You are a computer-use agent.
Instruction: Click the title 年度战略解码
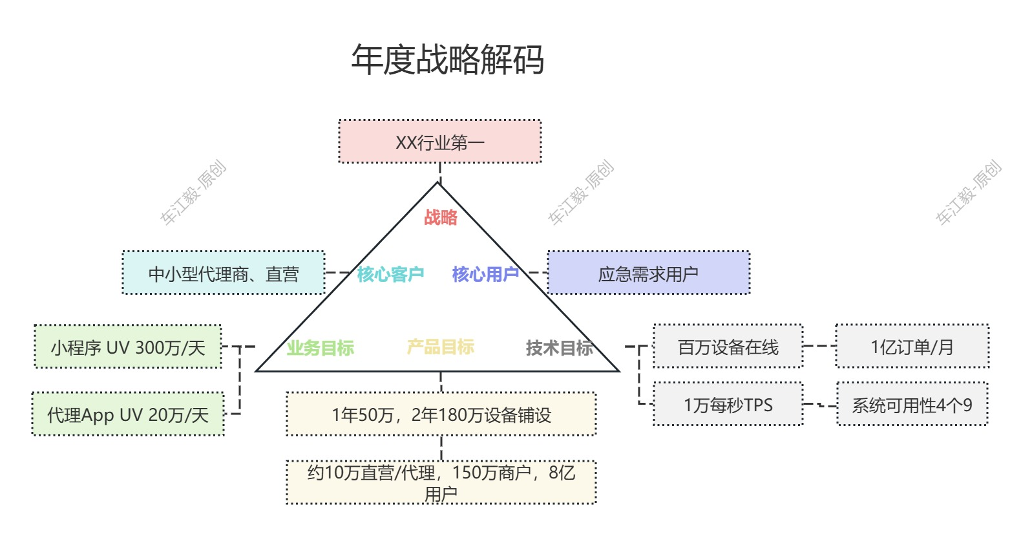coord(447,60)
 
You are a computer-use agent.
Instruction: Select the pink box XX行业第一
coord(440,142)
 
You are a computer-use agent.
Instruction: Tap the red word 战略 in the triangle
coord(441,217)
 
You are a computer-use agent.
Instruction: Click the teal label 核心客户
coord(390,274)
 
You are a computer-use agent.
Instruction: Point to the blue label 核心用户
coord(485,274)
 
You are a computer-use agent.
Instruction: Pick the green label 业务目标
coord(321,348)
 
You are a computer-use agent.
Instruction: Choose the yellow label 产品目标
coord(441,347)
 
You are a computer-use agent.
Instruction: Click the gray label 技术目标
coord(559,348)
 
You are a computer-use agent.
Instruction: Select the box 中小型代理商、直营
coord(224,273)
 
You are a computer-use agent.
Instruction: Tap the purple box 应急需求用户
coord(648,273)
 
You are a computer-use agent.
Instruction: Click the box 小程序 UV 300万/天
coord(128,347)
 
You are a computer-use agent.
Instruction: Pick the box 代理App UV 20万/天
coord(128,414)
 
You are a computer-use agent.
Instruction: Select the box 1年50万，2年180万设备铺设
coord(441,414)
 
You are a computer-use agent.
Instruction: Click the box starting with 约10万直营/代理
coord(441,482)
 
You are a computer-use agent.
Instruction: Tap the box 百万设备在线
coord(728,347)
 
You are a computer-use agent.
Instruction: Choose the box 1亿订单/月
coord(912,347)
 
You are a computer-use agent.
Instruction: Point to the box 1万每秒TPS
coord(728,405)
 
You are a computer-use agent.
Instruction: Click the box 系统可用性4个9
coord(912,405)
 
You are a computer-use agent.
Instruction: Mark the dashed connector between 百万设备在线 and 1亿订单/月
coord(819,346)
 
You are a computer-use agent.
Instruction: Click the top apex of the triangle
coord(438,184)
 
